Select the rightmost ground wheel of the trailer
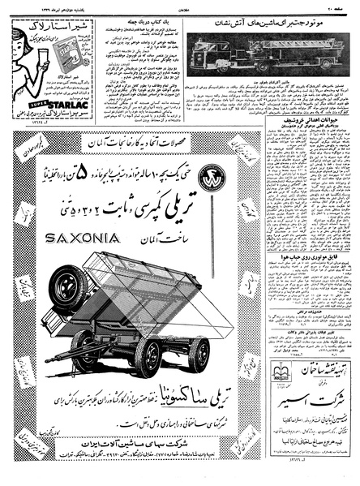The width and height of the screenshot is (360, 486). coord(198,355)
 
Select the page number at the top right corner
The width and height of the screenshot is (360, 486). coord(346,6)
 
